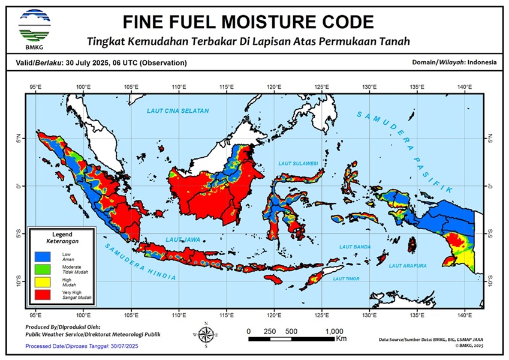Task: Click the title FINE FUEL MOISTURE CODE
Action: click(x=248, y=22)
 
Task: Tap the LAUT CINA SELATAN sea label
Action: click(x=178, y=112)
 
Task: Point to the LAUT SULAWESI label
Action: click(x=298, y=163)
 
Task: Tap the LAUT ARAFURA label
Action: click(x=407, y=265)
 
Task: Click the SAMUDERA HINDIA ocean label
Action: click(x=140, y=262)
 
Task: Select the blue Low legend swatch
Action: click(x=43, y=255)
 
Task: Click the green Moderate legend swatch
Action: click(x=43, y=268)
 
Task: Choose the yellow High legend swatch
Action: click(x=43, y=281)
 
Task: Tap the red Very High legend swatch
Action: click(x=43, y=294)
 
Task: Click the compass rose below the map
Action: click(x=206, y=335)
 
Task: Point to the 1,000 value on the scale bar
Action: click(x=334, y=331)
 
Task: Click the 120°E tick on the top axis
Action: click(x=274, y=87)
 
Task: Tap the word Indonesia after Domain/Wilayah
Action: click(x=482, y=62)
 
